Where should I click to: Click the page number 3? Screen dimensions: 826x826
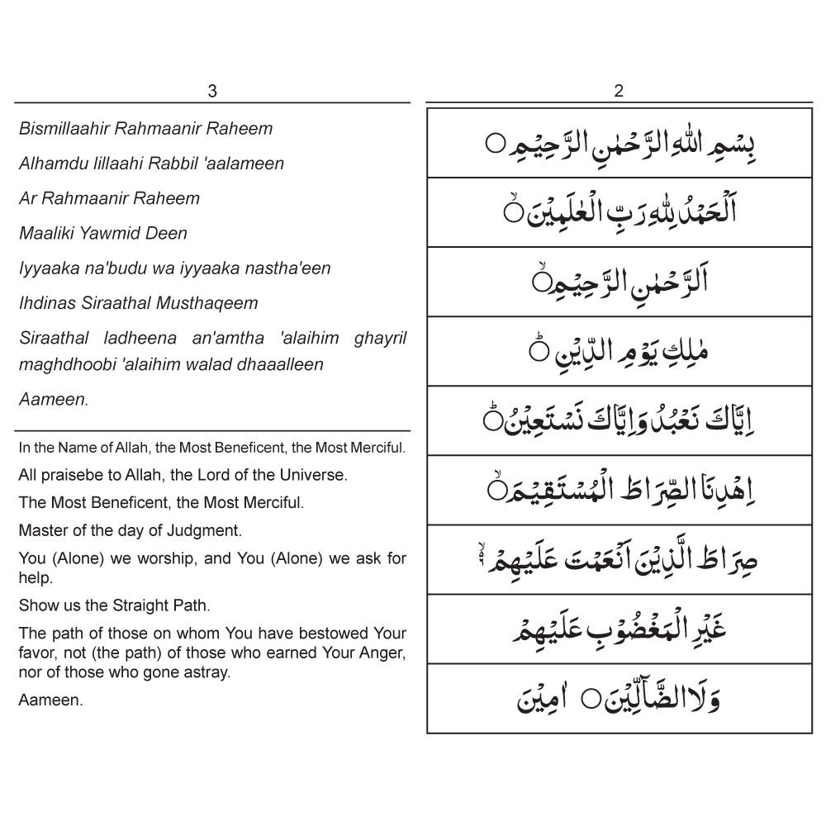(212, 92)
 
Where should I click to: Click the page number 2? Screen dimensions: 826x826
(619, 92)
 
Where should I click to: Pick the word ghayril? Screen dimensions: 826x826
(380, 338)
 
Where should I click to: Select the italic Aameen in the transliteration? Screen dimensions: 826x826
(53, 399)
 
